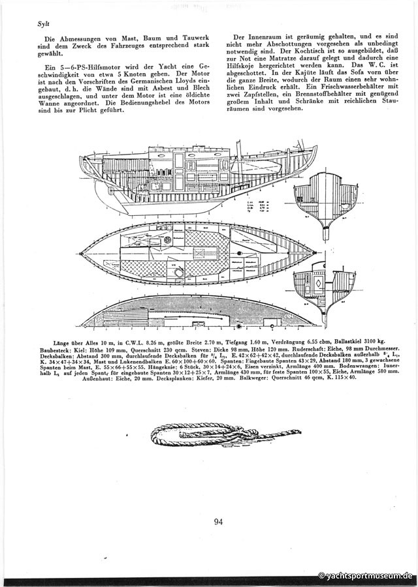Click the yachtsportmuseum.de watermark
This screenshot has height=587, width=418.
365,576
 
